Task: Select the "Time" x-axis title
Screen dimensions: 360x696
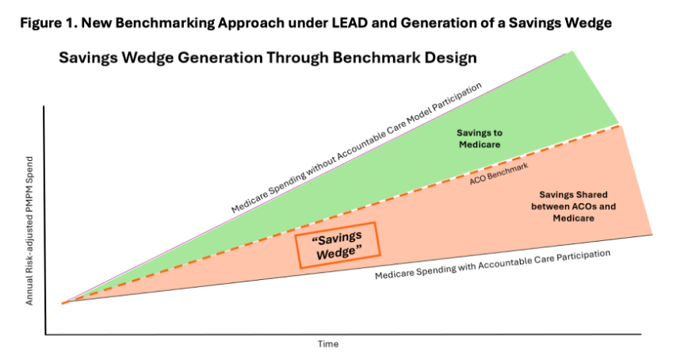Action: coord(328,343)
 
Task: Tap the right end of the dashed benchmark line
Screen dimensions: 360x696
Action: coord(620,125)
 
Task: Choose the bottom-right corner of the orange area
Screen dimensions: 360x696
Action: coord(652,234)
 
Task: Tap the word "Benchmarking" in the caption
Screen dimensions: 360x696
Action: coord(151,21)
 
